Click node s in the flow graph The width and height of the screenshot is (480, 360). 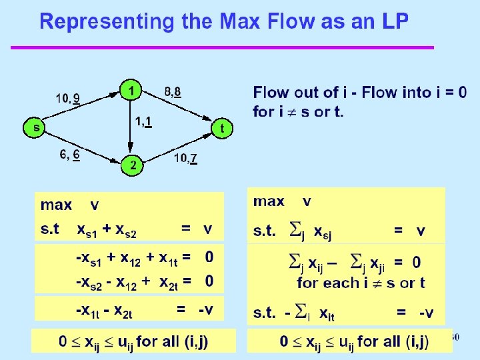[33, 127]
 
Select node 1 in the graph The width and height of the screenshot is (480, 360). [131, 89]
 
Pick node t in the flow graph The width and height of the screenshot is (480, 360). [223, 127]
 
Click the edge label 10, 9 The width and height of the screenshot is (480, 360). [69, 99]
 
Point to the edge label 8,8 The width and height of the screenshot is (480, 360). [173, 91]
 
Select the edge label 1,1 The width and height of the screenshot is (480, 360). [145, 122]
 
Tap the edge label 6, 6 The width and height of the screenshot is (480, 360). [70, 155]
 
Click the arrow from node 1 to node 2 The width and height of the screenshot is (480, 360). [131, 127]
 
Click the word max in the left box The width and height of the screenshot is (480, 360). [57, 204]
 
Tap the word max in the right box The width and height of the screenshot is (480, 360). [269, 201]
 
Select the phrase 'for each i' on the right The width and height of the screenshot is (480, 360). [327, 283]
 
